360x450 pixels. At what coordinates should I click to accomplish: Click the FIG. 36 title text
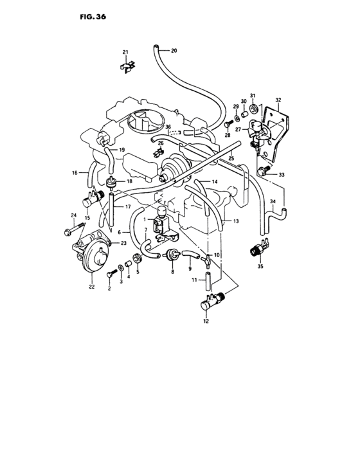[93, 17]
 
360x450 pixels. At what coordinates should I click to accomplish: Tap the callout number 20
[174, 51]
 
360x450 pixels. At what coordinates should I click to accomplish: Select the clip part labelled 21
[127, 66]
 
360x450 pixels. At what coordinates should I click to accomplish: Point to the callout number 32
[278, 100]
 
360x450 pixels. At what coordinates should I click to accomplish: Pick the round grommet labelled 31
[253, 109]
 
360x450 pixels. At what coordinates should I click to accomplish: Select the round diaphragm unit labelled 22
[92, 253]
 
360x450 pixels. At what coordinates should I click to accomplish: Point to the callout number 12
[206, 321]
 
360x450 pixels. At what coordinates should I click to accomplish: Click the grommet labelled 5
[138, 258]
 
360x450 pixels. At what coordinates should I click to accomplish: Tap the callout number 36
[168, 127]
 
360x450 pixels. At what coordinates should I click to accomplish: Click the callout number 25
[231, 158]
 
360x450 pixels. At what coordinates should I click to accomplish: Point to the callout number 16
[75, 173]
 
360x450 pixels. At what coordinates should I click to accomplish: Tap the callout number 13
[236, 221]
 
